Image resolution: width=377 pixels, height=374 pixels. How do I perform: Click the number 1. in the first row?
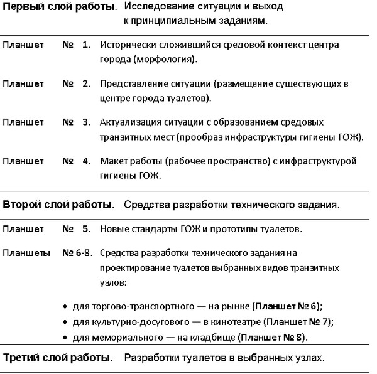pos(87,46)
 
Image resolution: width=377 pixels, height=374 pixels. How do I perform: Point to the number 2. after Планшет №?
pos(87,83)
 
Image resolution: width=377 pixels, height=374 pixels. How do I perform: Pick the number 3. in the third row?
pos(87,121)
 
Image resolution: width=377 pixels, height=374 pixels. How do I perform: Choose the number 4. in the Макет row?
pos(87,161)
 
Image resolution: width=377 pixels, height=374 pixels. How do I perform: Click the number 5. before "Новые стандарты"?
pos(87,229)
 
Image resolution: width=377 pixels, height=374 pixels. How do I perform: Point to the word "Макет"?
pos(114,161)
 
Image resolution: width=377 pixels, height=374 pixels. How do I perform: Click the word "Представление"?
pos(133,83)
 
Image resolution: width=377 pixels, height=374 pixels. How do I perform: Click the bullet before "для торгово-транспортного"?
pos(66,307)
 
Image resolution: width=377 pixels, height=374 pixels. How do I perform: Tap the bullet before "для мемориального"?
pos(66,338)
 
